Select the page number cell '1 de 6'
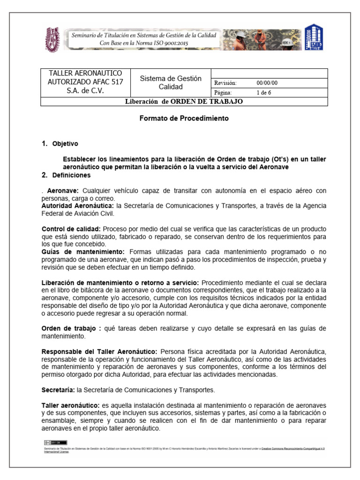click(x=263, y=92)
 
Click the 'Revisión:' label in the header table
click(x=225, y=83)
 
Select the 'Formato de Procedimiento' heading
click(x=184, y=119)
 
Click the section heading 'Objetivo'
click(x=66, y=144)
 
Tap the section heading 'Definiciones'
click(x=72, y=175)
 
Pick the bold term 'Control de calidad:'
click(x=71, y=229)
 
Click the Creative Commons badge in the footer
click(x=49, y=442)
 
